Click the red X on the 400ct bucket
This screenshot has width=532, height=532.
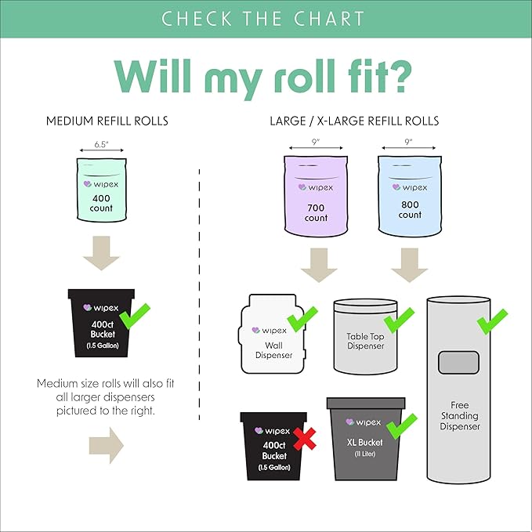point(304,439)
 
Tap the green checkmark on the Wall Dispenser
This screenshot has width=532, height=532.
point(302,319)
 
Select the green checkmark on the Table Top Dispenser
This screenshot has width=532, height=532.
point(399,320)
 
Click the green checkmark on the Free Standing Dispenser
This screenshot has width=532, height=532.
point(492,322)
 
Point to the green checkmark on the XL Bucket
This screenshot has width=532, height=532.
point(402,426)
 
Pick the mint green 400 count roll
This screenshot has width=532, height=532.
point(102,190)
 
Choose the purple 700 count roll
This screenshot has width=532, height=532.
point(316,195)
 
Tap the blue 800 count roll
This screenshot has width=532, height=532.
point(410,195)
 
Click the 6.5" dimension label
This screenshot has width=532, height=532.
point(101,144)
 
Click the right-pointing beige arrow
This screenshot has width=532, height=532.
point(107,445)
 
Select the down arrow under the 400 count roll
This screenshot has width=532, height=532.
point(101,253)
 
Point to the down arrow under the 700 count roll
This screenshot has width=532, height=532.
point(319,265)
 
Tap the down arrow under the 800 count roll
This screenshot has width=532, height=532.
point(410,265)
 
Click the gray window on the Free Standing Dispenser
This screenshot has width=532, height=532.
point(458,363)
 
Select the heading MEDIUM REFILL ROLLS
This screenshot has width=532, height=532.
point(107,121)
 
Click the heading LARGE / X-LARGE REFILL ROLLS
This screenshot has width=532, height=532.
point(354,121)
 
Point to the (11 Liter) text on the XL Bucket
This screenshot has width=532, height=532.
point(365,454)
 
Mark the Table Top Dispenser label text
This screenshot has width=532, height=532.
point(365,341)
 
